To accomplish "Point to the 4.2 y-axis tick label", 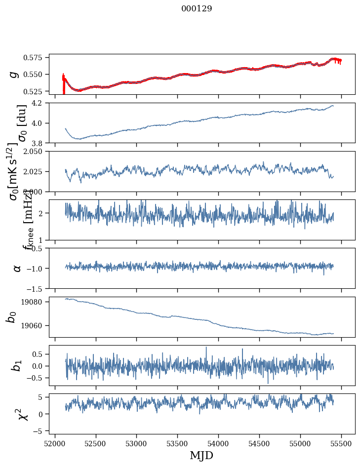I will click(40, 103).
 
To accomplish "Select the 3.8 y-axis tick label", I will click(40, 143).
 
